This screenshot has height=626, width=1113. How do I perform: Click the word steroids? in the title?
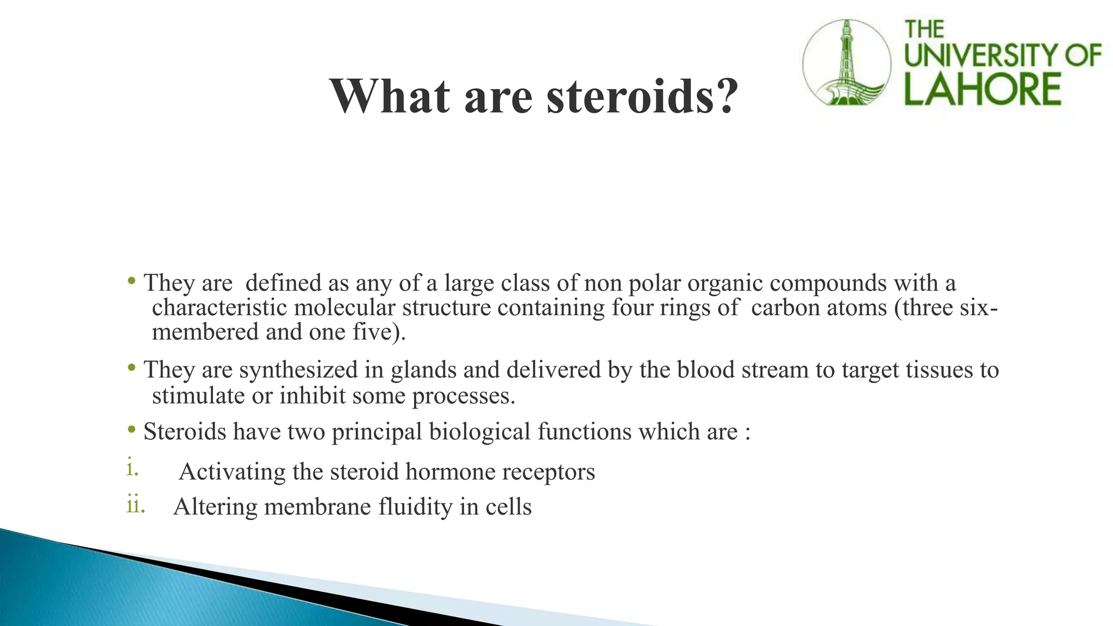(x=642, y=97)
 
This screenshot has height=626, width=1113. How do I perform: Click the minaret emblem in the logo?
(x=847, y=62)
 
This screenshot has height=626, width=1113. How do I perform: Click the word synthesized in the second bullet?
(x=298, y=370)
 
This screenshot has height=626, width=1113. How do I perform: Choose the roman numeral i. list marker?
(x=132, y=468)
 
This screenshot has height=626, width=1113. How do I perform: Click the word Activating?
(x=232, y=472)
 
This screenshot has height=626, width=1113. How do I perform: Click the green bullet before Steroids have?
(x=132, y=430)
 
